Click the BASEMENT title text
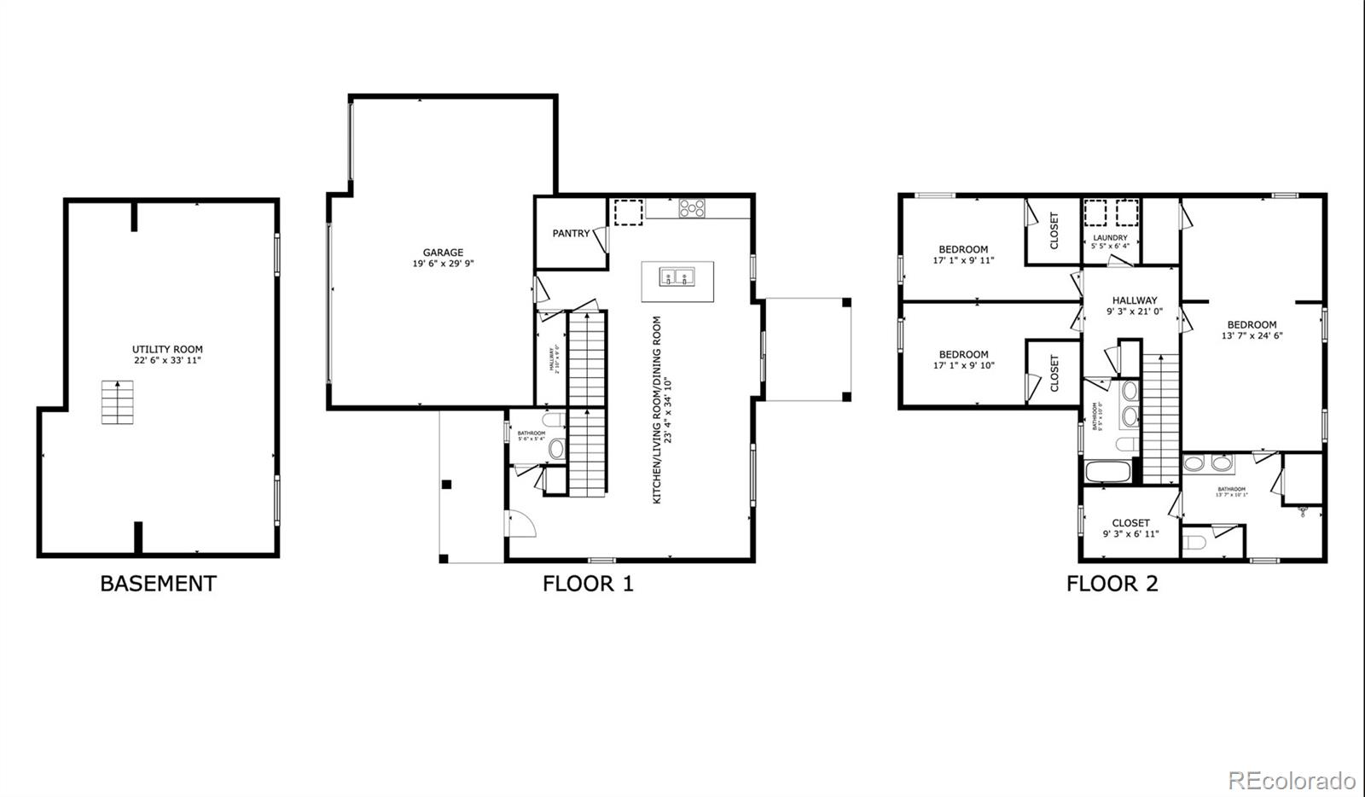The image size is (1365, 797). [158, 584]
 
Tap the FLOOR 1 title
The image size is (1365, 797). [588, 584]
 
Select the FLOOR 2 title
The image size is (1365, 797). [1112, 584]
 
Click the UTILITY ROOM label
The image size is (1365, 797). [167, 349]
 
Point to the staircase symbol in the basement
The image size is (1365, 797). [118, 402]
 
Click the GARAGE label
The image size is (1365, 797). [443, 253]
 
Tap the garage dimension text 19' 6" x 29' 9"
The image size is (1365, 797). [443, 264]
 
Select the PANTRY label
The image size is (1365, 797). [570, 233]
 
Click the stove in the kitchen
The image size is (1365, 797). [692, 207]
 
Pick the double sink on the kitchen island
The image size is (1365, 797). [677, 276]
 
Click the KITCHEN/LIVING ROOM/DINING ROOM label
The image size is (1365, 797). [657, 410]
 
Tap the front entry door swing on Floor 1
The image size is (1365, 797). [520, 522]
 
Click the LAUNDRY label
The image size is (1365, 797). [1110, 237]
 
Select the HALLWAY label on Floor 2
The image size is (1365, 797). [1135, 300]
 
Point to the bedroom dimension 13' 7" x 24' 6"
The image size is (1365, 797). [1252, 335]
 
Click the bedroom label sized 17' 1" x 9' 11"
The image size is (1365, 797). [963, 250]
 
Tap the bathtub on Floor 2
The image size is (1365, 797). [1107, 471]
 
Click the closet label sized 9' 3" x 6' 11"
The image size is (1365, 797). [1130, 523]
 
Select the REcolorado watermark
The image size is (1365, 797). [1291, 780]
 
